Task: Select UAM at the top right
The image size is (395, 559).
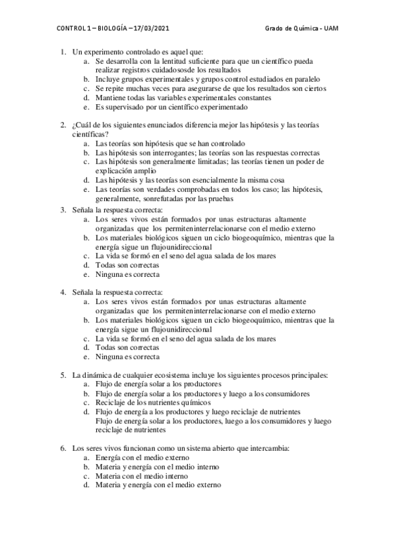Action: point(336,30)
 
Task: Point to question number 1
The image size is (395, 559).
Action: point(63,51)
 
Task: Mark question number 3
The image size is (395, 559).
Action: point(63,210)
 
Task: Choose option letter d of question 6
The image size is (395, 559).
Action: point(87,485)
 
